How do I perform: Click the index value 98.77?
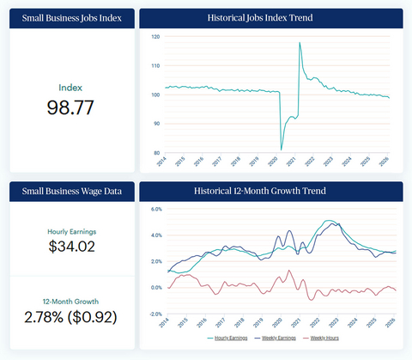click(70, 107)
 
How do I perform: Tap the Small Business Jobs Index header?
click(69, 17)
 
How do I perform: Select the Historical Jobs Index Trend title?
click(270, 17)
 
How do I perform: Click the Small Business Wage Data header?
click(69, 190)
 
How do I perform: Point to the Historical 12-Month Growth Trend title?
click(270, 190)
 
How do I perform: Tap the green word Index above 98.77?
click(70, 88)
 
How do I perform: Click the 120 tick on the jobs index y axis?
click(154, 38)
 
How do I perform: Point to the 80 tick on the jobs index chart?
click(154, 151)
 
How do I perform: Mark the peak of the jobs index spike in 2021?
click(300, 43)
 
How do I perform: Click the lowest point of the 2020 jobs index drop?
click(282, 149)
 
